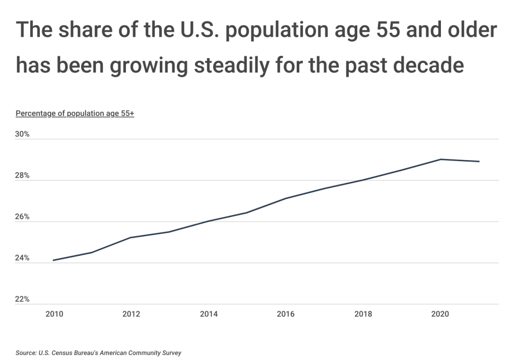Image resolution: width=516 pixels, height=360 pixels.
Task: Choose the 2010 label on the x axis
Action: click(53, 314)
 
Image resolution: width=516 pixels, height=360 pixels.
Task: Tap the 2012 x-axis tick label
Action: click(131, 314)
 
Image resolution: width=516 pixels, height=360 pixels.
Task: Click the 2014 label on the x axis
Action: click(209, 314)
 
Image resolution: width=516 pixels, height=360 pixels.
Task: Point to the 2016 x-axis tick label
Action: click(286, 314)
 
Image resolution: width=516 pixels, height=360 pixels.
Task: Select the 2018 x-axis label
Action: click(363, 314)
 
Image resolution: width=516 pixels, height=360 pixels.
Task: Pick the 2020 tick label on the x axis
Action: click(440, 314)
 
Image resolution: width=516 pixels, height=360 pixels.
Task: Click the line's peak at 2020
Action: click(440, 159)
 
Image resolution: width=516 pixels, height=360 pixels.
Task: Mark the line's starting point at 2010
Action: click(53, 260)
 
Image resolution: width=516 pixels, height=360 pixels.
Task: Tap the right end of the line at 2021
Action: click(479, 162)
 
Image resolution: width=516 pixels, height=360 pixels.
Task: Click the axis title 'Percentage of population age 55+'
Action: click(75, 113)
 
